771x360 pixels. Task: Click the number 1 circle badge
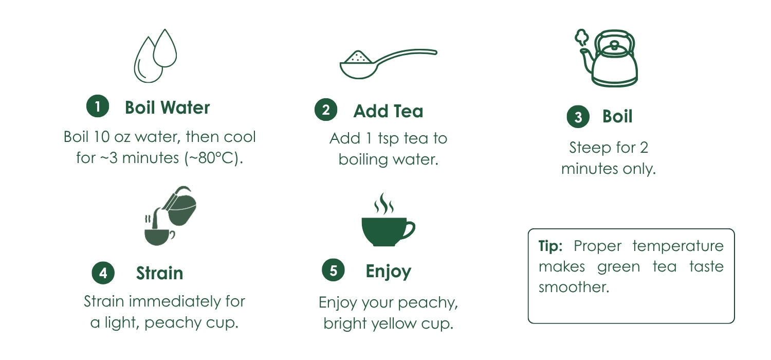pos(98,106)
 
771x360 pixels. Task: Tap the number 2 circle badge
pos(325,110)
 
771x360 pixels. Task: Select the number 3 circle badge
pos(578,116)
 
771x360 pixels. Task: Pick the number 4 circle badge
pos(103,273)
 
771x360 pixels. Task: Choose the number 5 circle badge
pos(333,270)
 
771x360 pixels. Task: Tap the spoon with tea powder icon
pos(388,64)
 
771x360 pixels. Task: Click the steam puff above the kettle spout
pos(582,37)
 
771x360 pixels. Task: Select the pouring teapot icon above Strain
pos(170,215)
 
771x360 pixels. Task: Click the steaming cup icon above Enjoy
pos(388,220)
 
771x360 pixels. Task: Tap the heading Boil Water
pos(167,107)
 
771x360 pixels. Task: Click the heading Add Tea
pos(388,111)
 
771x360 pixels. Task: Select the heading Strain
pos(160,273)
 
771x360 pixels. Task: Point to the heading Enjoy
pos(389,272)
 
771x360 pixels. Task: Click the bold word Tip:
pos(550,246)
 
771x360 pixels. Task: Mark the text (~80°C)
pos(214,158)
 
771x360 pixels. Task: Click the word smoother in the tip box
pos(574,287)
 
